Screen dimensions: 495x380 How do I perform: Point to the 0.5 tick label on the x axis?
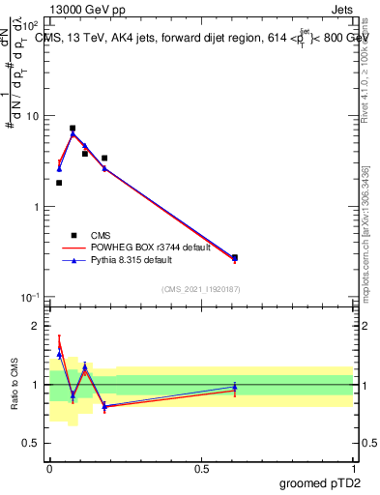[201, 468]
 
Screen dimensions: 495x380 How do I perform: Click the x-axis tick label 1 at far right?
[353, 468]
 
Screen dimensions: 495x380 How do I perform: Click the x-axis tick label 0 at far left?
[49, 468]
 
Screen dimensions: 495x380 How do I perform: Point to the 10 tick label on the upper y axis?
[32, 116]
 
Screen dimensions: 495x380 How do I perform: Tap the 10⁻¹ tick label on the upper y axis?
[31, 297]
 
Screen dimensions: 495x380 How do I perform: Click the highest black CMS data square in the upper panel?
[73, 128]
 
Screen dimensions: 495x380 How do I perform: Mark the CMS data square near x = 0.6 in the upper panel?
[235, 257]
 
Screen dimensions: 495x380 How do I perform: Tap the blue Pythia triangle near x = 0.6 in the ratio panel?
[235, 387]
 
